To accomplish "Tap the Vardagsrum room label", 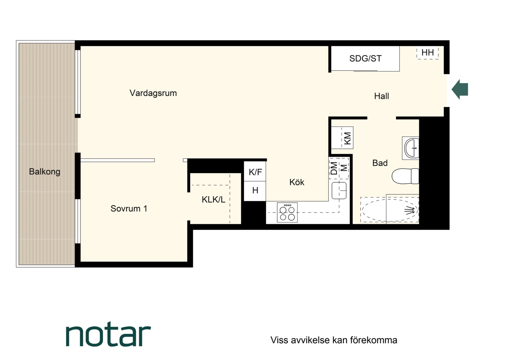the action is pos(153,93).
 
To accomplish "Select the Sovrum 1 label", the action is pos(129,209).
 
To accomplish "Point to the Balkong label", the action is pos(45,172).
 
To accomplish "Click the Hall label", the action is pos(381,96).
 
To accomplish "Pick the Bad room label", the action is pos(380,163).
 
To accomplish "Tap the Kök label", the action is pos(297,182).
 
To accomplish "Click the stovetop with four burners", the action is pos(287,212).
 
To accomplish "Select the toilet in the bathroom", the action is pos(405,176).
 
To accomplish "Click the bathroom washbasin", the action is pos(411,148).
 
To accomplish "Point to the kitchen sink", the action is pos(339,190).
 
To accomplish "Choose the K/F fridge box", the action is pos(255,171).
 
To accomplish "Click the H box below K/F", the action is pos(255,191).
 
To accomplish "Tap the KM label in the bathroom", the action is pos(348,138).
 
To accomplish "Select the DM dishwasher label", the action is pos(334,168).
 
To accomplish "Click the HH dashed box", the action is pos(427,53).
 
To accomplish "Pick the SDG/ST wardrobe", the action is pos(365,59).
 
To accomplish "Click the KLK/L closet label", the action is pos(214,200).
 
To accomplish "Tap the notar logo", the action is pos(108,334).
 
